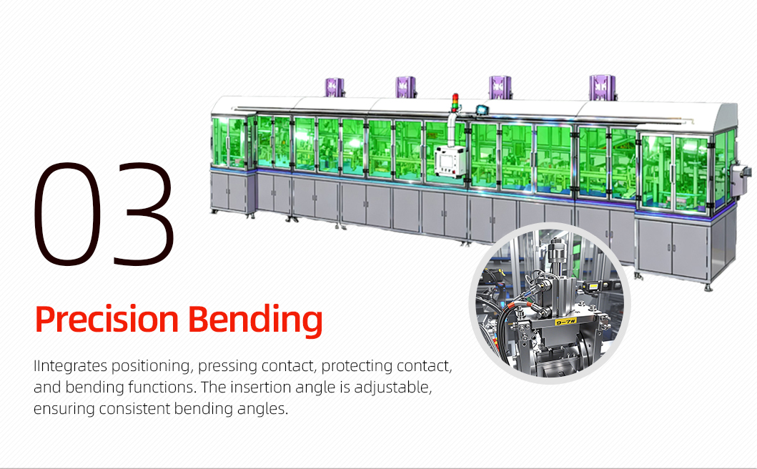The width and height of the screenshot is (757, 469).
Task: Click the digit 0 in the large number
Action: click(x=68, y=214)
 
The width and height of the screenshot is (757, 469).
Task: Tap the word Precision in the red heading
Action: click(x=107, y=320)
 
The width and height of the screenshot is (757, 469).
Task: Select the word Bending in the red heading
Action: click(x=255, y=320)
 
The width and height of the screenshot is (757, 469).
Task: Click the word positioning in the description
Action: click(x=152, y=367)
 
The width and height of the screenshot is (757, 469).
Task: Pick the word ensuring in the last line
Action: click(x=64, y=409)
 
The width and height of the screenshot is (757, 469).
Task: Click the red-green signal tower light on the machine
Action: click(x=455, y=102)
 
